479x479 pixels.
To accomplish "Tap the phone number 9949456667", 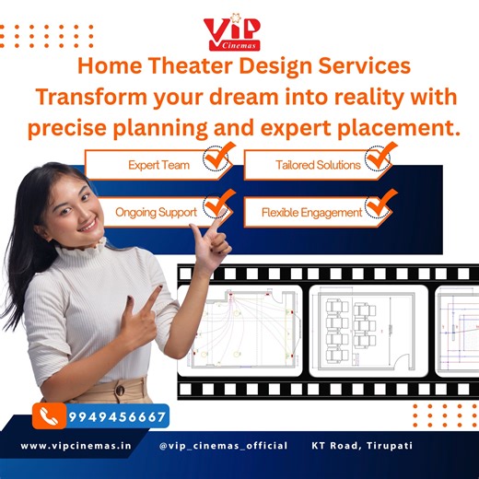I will pyautogui.click(x=117, y=416).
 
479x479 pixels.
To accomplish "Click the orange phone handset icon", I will pyautogui.click(x=48, y=416).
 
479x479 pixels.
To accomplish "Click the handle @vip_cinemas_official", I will pyautogui.click(x=224, y=446).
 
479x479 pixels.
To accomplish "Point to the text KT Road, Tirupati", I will pyautogui.click(x=362, y=446).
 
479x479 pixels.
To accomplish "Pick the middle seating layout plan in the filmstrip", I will pyautogui.click(x=367, y=331).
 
